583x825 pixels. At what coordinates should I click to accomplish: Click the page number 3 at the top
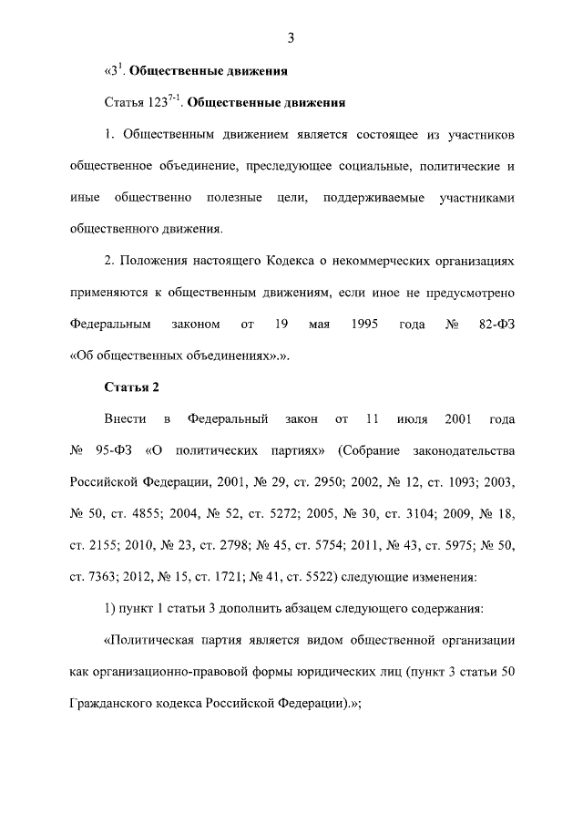pos(291,37)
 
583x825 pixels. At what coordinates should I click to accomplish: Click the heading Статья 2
pos(132,387)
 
